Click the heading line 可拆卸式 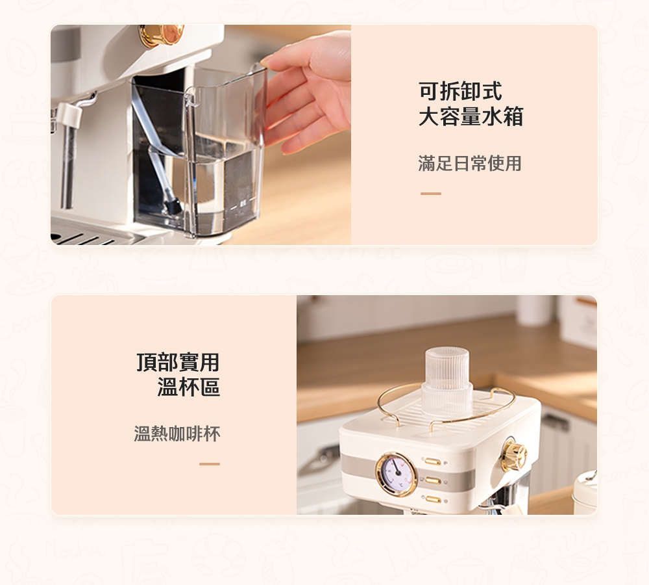point(460,92)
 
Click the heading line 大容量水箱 point(471,118)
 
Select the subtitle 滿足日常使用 point(470,163)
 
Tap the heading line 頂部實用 point(178,362)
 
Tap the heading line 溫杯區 point(188,388)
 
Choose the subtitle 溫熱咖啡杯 point(177,434)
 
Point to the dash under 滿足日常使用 point(430,194)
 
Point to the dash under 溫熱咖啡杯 point(210,464)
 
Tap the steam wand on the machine point(68,156)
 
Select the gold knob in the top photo point(161,35)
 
